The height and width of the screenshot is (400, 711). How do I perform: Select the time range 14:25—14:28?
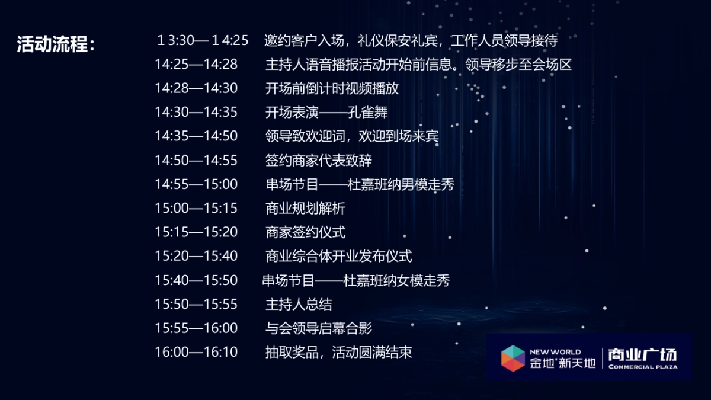tap(196, 65)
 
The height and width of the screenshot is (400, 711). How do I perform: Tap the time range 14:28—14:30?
tap(196, 88)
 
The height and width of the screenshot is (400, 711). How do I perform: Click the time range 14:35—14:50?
tap(196, 136)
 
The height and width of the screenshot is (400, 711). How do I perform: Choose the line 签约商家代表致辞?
tap(319, 160)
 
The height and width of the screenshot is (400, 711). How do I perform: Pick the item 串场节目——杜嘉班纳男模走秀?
tap(360, 184)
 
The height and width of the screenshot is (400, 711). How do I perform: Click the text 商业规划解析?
tap(305, 208)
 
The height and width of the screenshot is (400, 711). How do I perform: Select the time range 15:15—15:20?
tap(196, 232)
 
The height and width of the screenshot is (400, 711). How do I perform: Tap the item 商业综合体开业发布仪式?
tap(338, 256)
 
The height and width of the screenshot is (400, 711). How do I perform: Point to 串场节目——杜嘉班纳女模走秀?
tap(355, 280)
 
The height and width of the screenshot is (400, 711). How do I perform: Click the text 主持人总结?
tap(299, 304)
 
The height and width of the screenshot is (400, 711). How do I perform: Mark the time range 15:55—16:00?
tap(196, 328)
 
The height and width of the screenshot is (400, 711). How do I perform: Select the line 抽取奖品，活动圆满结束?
tap(338, 352)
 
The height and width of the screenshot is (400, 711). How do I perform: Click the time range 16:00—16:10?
tap(196, 352)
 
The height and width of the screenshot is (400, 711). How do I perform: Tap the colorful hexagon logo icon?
tap(513, 358)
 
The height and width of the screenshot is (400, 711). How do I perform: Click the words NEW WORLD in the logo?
tap(555, 351)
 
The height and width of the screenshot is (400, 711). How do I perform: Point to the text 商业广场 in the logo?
tap(642, 354)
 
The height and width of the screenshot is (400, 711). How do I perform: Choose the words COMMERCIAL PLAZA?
tap(642, 367)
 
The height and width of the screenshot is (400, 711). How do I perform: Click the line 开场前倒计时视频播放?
tap(332, 88)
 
